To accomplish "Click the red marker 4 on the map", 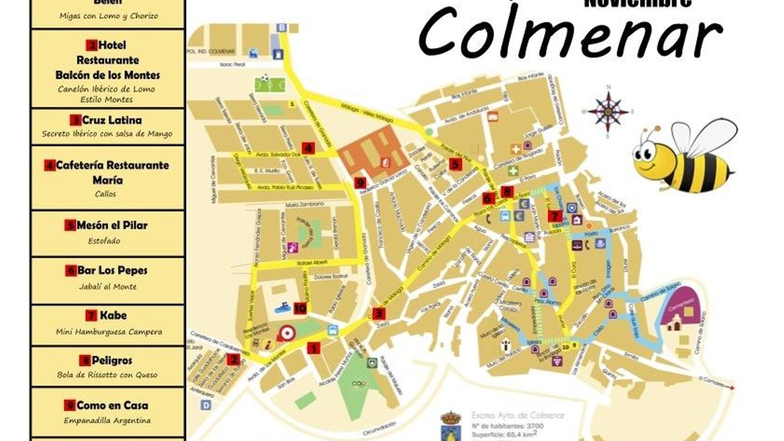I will coord(308,147).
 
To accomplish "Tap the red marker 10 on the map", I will coord(300,308).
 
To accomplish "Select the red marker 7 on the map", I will coord(555,216).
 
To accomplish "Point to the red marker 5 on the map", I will coord(456,164).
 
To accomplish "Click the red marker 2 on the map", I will coord(234,360).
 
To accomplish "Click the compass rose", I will coord(608,111).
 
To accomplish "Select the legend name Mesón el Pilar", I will coord(112,225).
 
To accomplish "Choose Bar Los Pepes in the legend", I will coord(112,270).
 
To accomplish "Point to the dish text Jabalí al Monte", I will coord(108,287).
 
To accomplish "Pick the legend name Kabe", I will coord(113,316).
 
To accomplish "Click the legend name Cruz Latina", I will coord(112,120).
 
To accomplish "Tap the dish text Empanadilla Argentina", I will coord(107,420).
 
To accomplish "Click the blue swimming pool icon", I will coord(283,308).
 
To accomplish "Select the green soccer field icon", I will coord(269,84).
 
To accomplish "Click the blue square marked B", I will coord(281,27).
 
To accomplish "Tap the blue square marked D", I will coord(206,405).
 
